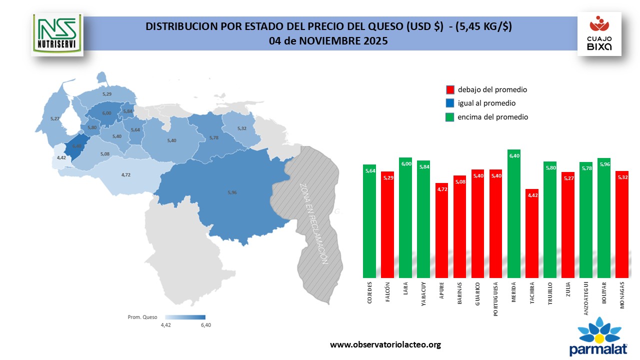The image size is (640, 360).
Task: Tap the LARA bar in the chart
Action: (405, 217)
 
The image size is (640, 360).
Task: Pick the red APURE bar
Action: (441, 230)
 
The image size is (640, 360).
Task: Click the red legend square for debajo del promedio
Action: (450, 90)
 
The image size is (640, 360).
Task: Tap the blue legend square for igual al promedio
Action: (450, 103)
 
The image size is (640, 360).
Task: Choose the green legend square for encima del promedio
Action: (450, 117)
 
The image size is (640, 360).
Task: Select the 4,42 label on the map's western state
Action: (61, 157)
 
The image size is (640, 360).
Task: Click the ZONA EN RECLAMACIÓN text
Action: (313, 223)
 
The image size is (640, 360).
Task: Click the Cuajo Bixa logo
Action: (599, 34)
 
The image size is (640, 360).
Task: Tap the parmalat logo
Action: (598, 337)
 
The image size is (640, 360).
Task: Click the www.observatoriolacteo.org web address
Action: (385, 345)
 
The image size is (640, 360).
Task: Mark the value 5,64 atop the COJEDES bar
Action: (369, 170)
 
